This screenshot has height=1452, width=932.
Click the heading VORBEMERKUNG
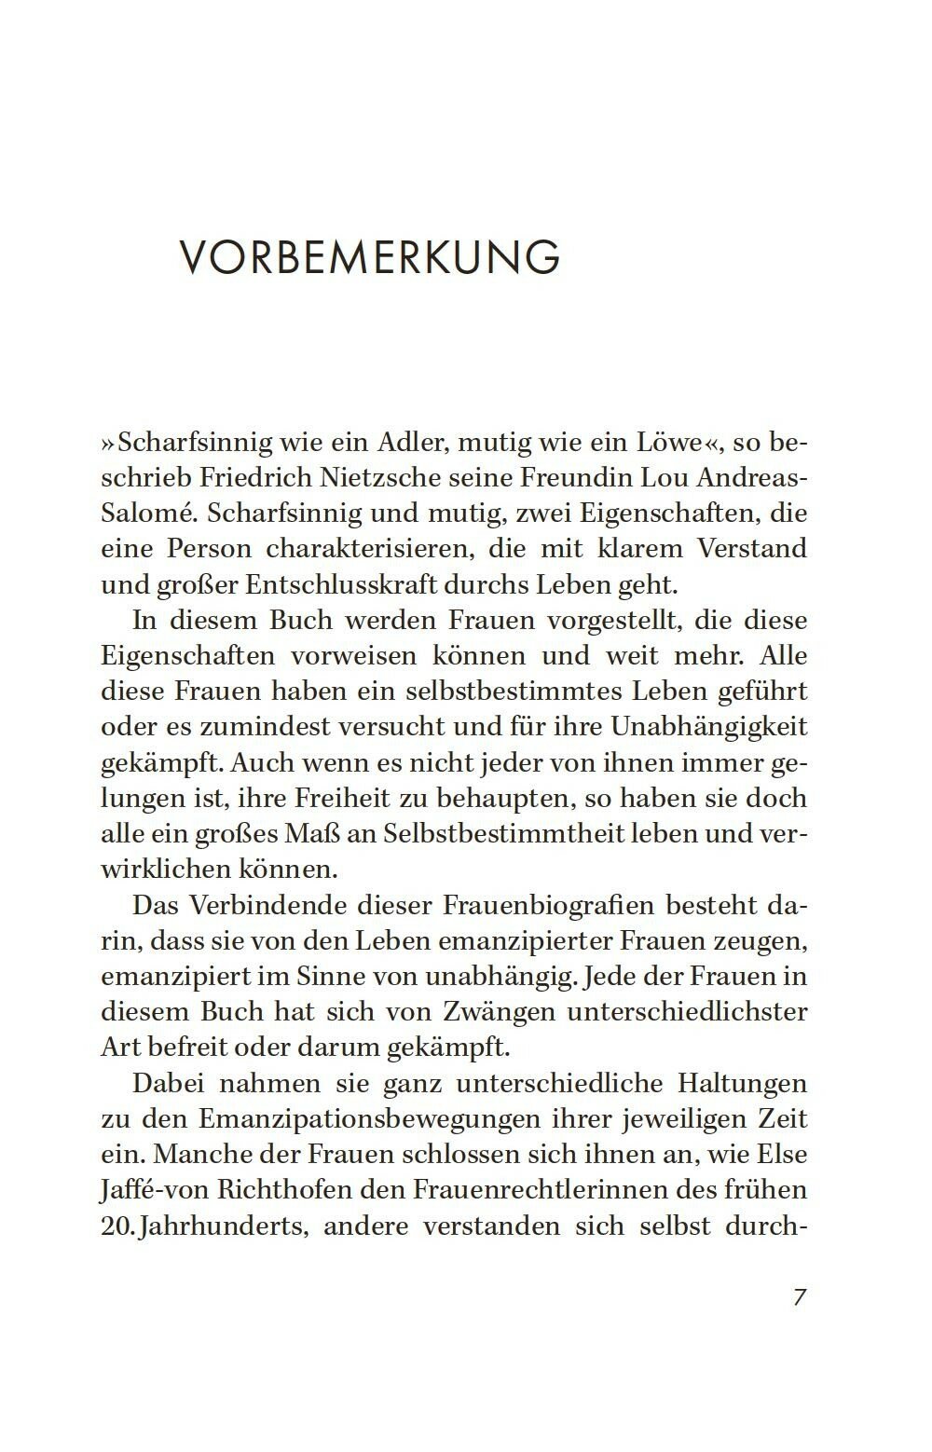tap(369, 257)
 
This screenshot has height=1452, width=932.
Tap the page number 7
tap(799, 1296)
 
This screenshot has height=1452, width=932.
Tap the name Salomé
tap(142, 513)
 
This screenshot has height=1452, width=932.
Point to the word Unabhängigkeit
tap(708, 726)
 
